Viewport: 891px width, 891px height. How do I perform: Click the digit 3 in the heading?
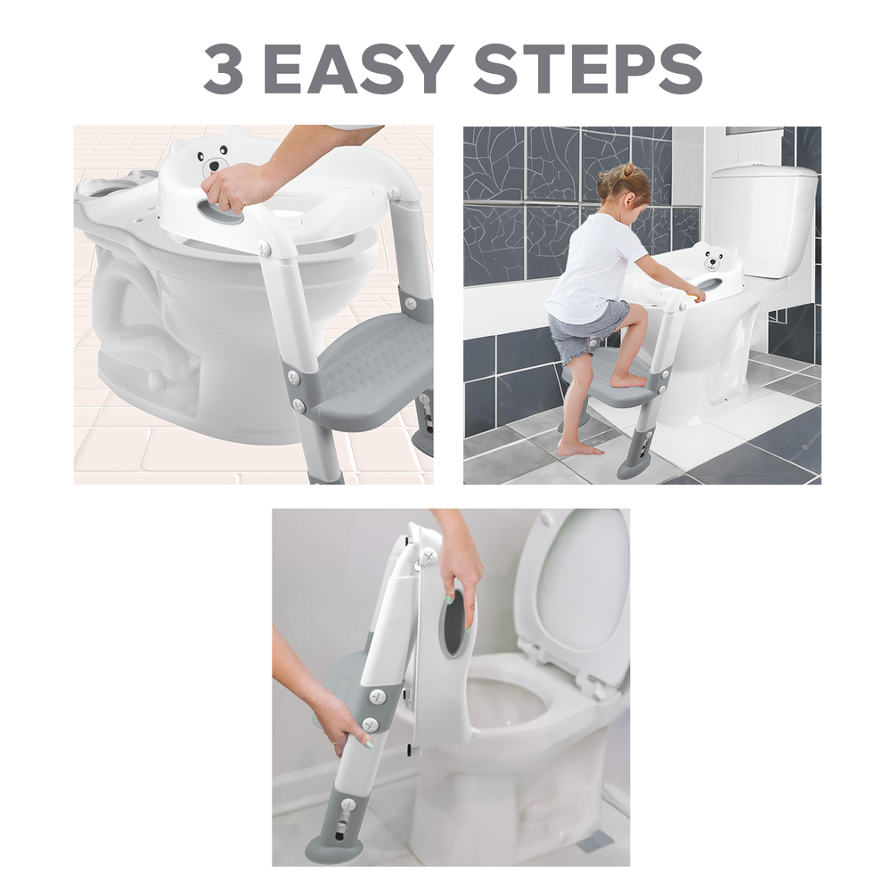coord(224,69)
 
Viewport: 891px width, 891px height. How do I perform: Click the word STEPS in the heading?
coord(588,69)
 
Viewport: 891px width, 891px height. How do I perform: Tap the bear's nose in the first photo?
coord(214,166)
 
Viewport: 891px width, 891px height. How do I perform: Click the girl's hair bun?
coord(629,169)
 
